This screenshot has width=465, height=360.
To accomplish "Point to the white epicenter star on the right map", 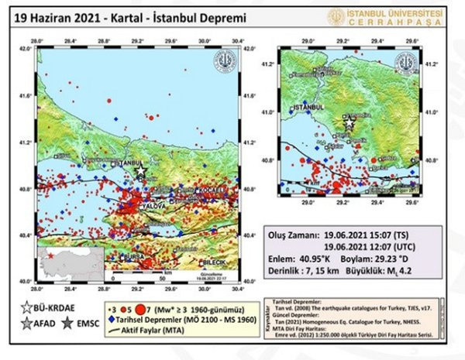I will click(350, 122).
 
